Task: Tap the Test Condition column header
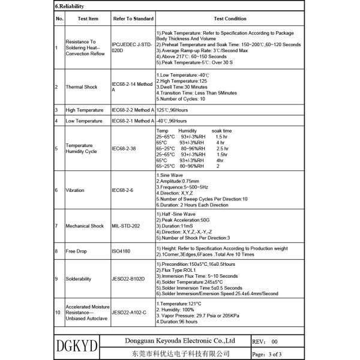(230, 19)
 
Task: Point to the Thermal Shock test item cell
(82, 87)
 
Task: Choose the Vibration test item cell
(76, 190)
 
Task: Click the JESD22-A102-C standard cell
(130, 313)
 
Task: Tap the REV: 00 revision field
(266, 340)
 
